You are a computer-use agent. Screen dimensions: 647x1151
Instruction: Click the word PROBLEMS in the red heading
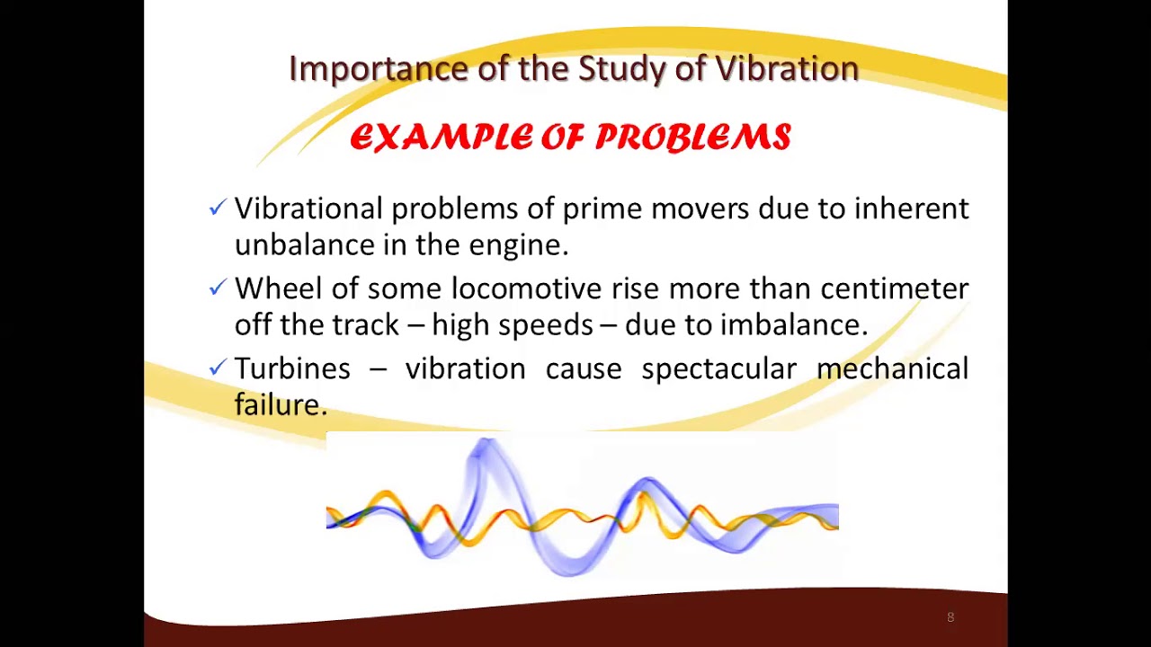coord(692,137)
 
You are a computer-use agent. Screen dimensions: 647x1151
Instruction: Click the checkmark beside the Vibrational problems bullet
coord(217,208)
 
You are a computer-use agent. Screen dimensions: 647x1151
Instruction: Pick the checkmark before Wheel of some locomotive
coord(217,288)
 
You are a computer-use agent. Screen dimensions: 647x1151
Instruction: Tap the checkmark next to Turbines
coord(217,368)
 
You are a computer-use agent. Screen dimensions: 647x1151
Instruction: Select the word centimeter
coord(894,288)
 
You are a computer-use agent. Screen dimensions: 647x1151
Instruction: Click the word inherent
coord(911,208)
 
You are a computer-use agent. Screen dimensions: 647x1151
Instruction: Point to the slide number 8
coord(950,617)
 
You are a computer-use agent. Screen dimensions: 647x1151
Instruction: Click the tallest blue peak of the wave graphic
coord(484,446)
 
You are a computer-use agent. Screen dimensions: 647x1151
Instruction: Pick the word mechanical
coord(892,368)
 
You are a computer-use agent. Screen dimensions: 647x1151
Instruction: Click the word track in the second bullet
coord(365,324)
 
